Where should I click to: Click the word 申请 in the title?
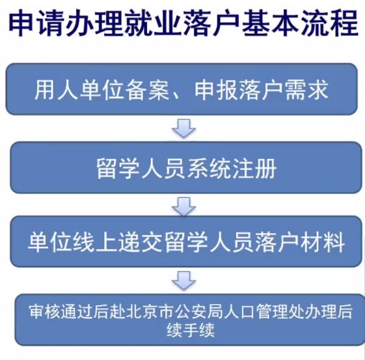coord(37,23)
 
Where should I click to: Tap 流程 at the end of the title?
coord(330,23)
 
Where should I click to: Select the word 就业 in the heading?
coord(154,23)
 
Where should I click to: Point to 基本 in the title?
coord(271,23)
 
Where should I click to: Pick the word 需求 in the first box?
coord(306,90)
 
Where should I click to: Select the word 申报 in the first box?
coord(216,90)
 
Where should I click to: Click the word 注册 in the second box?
coord(254,169)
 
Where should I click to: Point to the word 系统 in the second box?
coord(209,169)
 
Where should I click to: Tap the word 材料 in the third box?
coord(323,242)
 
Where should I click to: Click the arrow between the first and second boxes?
coord(184,128)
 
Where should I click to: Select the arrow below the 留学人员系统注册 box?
coord(184,207)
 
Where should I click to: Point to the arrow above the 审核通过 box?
coord(184,281)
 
